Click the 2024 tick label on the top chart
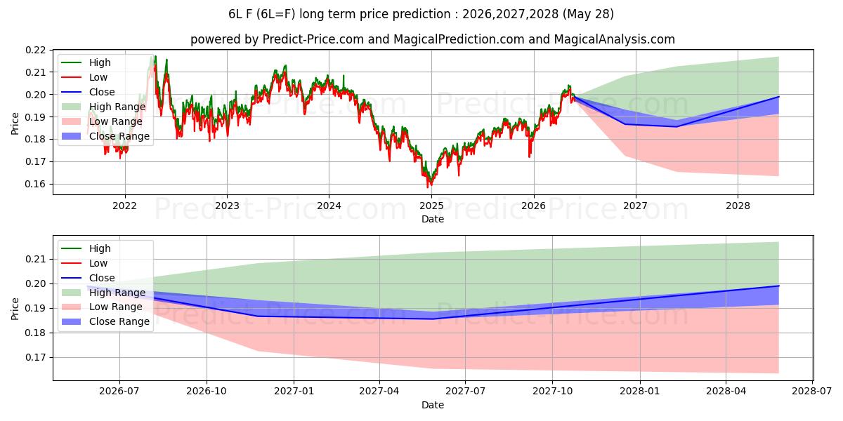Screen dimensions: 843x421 point(329,206)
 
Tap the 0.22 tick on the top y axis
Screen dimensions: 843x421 point(35,50)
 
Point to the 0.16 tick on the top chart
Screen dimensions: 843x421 point(35,184)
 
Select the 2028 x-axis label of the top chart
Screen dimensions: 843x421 point(738,206)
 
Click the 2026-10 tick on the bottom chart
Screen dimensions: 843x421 point(207,392)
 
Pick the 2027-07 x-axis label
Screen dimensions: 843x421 point(466,392)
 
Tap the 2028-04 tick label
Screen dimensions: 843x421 point(726,392)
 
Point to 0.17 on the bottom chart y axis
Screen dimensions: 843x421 point(35,357)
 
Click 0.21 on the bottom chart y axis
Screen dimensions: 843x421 point(35,260)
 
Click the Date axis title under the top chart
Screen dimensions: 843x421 point(433,219)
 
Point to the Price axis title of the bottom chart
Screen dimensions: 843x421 point(15,309)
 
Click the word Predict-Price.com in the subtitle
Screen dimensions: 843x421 point(313,39)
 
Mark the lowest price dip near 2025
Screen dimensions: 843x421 point(428,187)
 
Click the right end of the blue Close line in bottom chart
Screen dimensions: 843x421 point(778,286)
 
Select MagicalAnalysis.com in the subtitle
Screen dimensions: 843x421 point(614,39)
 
